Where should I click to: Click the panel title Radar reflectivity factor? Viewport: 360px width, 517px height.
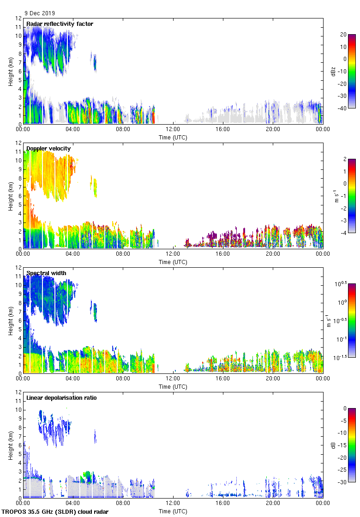coord(60,24)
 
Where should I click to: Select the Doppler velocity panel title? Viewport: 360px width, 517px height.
coord(48,148)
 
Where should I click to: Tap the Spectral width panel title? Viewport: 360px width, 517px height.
coord(46,273)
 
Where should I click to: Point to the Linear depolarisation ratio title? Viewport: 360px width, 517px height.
coord(61,397)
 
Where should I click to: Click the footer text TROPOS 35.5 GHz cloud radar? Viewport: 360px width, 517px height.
coord(55,512)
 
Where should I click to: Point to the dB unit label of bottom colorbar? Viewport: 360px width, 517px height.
coord(333,445)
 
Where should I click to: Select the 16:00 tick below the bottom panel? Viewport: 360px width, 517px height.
coord(223,504)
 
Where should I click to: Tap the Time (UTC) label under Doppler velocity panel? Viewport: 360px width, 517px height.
coord(173,262)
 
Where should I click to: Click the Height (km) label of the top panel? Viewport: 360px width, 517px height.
coord(11,71)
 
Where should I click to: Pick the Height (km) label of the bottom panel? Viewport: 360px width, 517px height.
coord(11,445)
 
